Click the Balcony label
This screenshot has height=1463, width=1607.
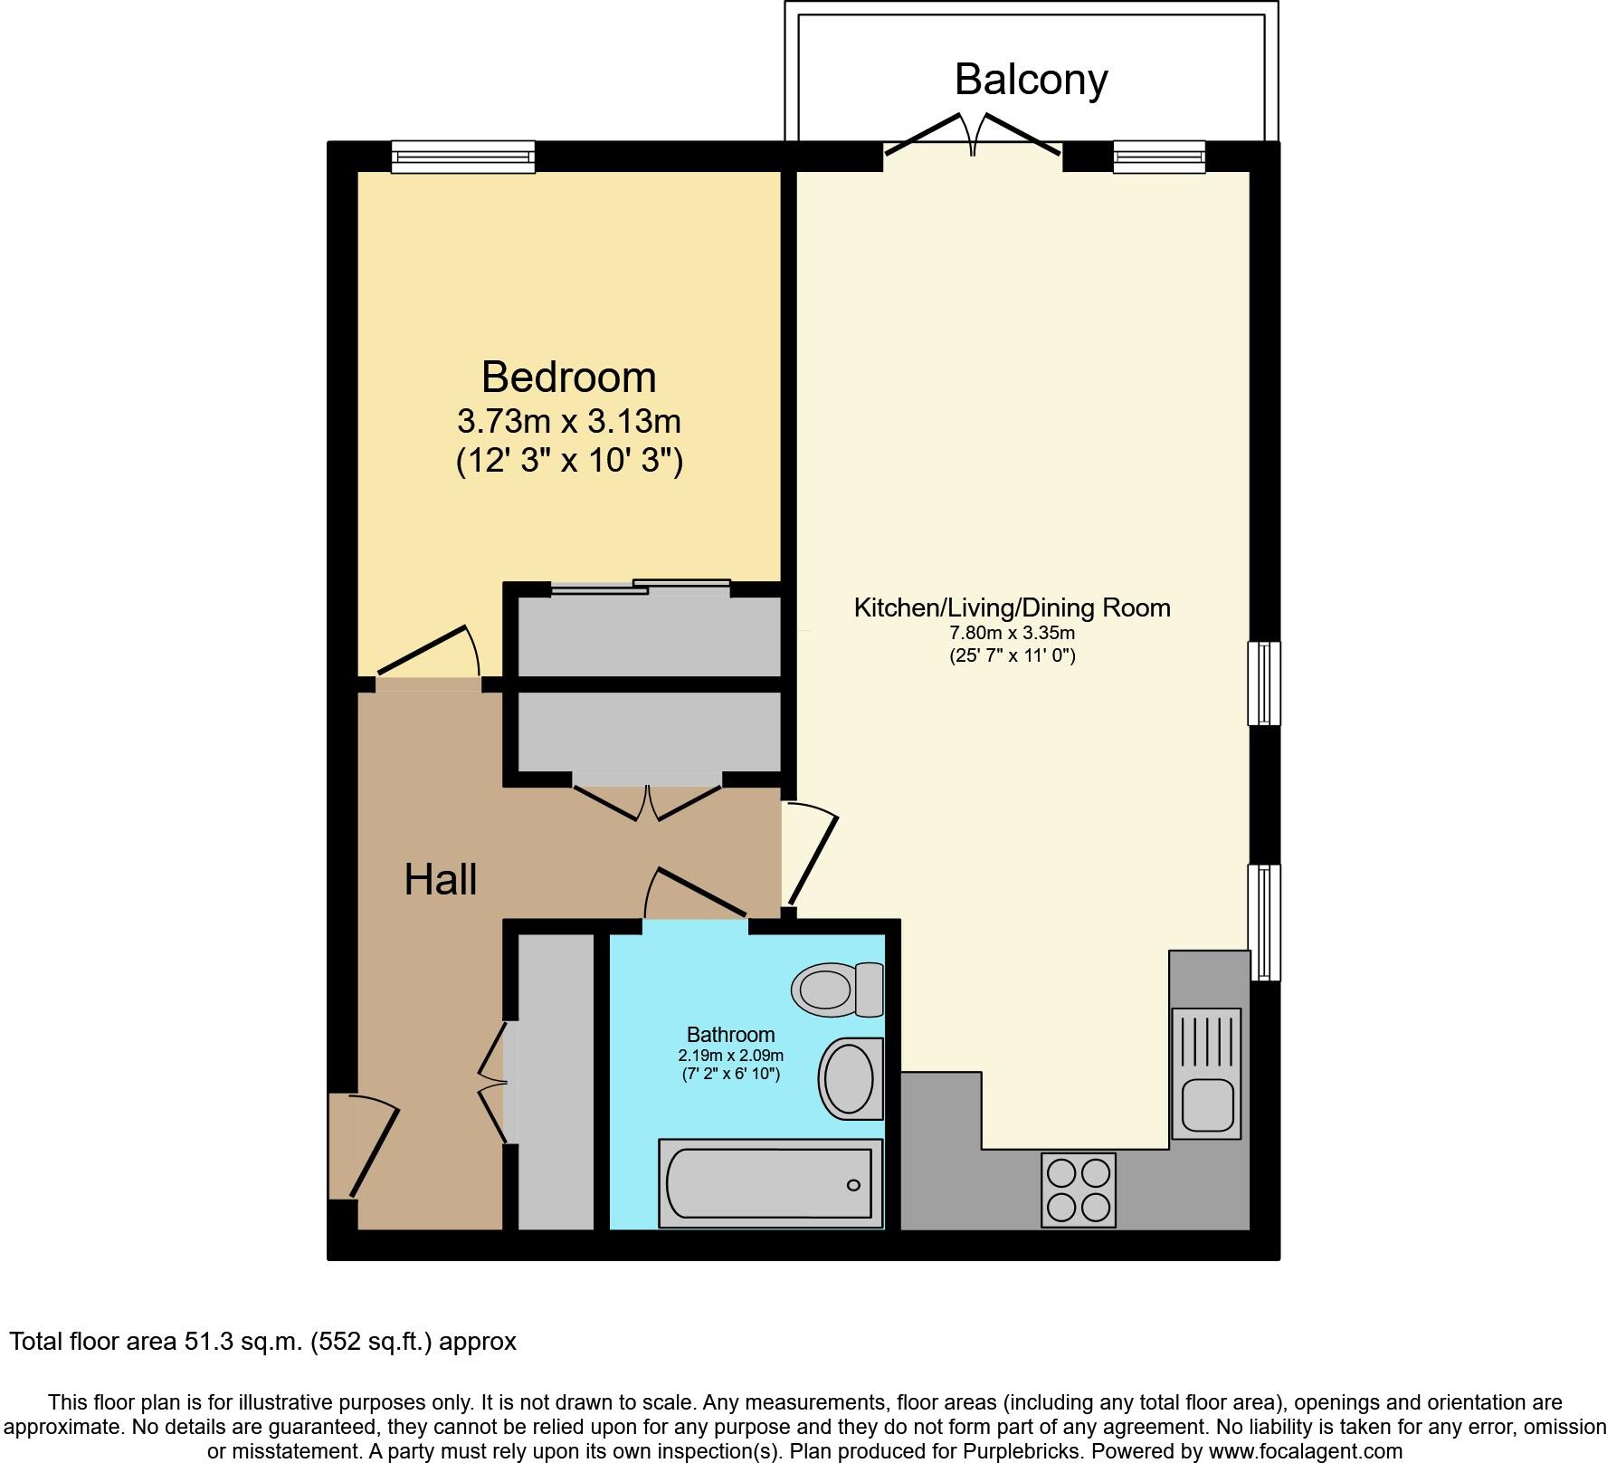click(1031, 80)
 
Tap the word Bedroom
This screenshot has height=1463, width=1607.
click(568, 377)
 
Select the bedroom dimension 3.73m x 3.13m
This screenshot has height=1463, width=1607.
click(568, 421)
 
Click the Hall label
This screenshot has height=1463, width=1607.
click(440, 879)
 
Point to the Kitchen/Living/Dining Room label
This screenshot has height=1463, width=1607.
click(1012, 607)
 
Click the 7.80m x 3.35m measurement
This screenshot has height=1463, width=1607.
click(1012, 633)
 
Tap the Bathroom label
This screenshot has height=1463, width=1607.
click(730, 1034)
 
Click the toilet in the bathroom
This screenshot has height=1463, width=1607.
click(836, 990)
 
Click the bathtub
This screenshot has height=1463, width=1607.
click(770, 1183)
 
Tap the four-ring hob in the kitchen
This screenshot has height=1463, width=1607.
click(1078, 1190)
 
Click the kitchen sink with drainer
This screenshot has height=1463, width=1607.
click(1205, 1073)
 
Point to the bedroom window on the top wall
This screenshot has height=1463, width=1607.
click(462, 157)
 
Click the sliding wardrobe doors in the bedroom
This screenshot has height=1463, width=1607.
click(641, 588)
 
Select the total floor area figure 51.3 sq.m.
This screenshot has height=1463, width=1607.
click(235, 1341)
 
